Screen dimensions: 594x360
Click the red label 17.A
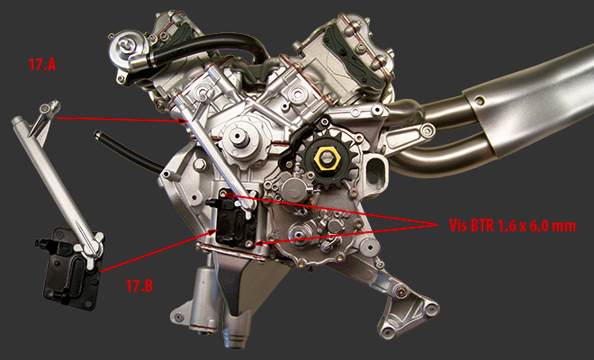point(42,65)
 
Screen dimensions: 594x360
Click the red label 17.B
point(139,285)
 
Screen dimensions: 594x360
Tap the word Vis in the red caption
point(458,226)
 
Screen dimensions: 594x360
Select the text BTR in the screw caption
point(482,226)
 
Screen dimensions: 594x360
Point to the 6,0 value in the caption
point(540,226)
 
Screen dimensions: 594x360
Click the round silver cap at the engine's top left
point(124,48)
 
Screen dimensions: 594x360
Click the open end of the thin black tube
point(97,134)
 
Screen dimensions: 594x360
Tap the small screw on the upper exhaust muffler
point(481,101)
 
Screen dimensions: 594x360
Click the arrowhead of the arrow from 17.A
point(184,121)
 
